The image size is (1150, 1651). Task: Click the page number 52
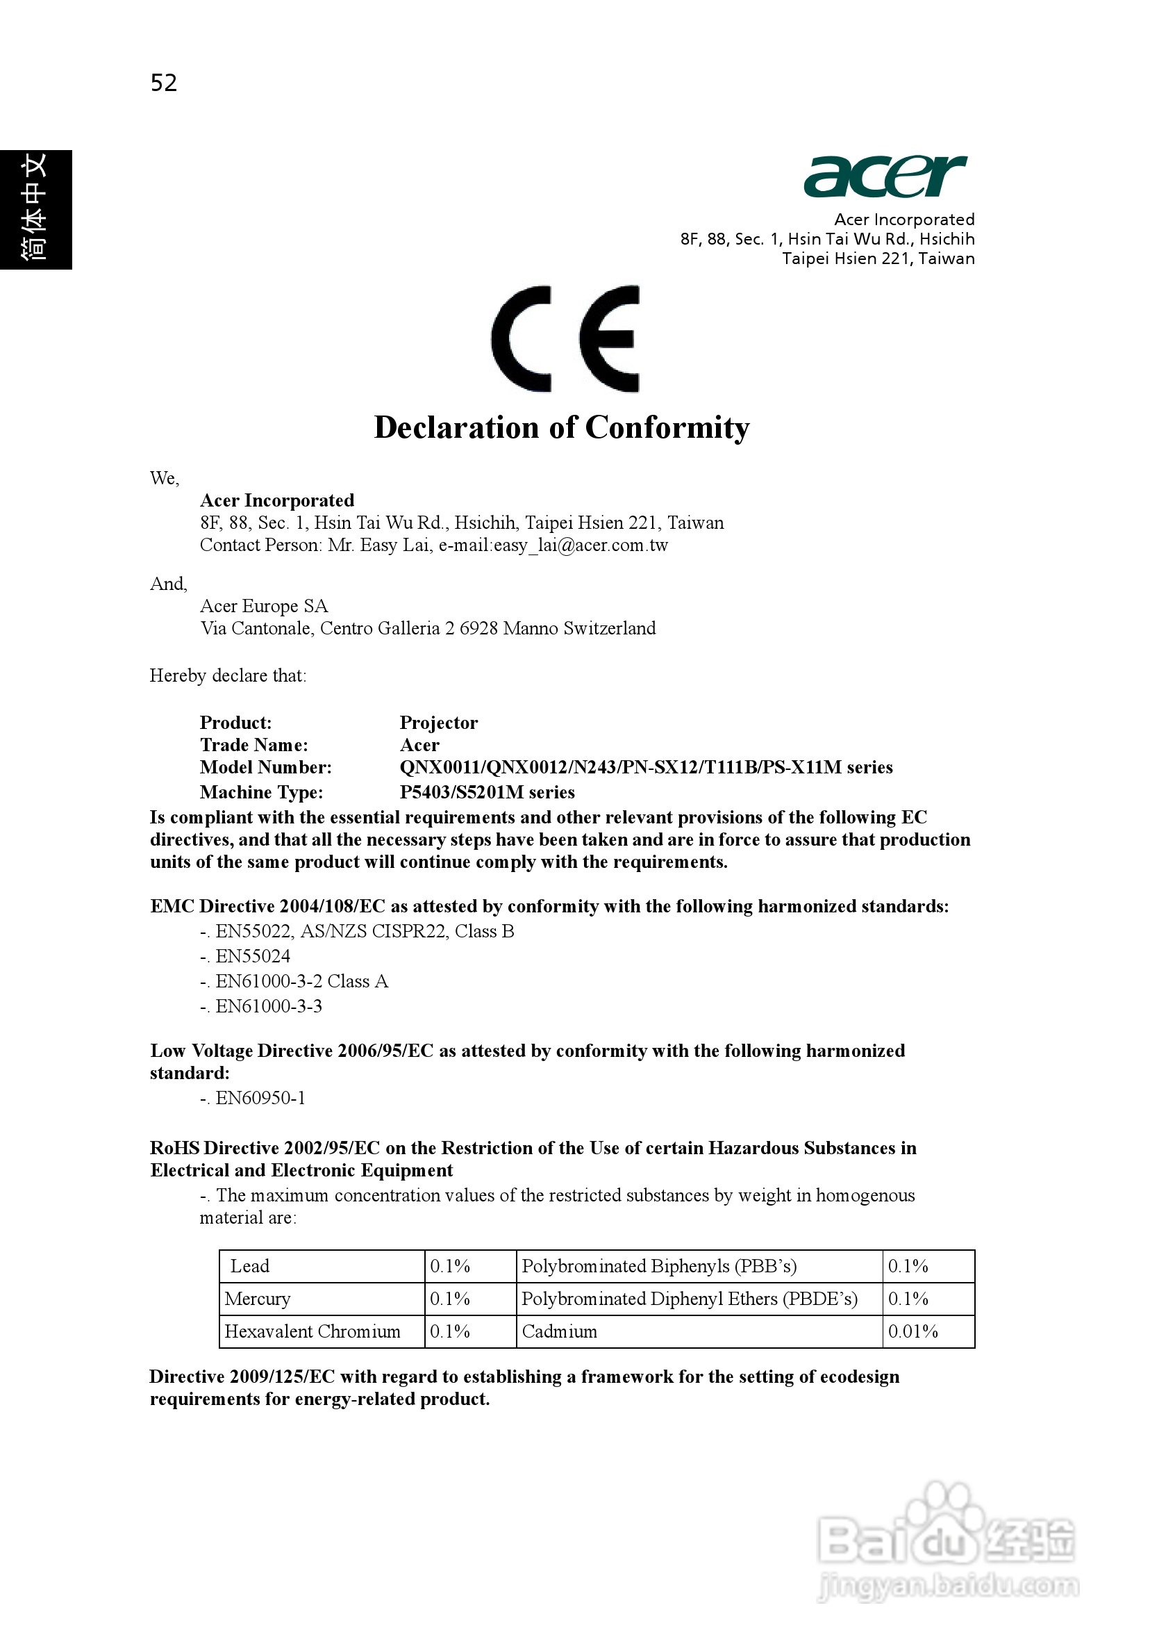point(163,83)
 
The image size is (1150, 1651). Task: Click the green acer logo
point(885,176)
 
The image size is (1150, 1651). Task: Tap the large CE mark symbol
point(565,338)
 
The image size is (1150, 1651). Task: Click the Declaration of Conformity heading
point(561,427)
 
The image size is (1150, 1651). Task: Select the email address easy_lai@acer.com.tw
point(581,545)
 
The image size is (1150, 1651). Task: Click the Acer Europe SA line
point(264,606)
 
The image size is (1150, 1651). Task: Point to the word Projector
point(438,723)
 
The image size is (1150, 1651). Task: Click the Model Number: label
point(266,767)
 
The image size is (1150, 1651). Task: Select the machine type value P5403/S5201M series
point(487,792)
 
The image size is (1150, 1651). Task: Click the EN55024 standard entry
point(252,956)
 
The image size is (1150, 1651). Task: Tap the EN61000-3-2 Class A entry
point(301,982)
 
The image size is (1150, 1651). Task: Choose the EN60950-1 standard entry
point(260,1098)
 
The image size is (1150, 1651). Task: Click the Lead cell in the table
point(249,1266)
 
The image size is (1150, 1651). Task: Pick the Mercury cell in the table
point(258,1299)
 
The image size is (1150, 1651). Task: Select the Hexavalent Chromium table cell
point(312,1332)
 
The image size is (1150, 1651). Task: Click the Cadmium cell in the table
point(559,1332)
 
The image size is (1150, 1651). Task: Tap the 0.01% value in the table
point(912,1332)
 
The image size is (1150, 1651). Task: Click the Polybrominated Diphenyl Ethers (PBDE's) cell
point(690,1299)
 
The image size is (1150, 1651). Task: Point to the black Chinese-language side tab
point(35,209)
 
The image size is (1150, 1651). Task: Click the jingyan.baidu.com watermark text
point(948,1586)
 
